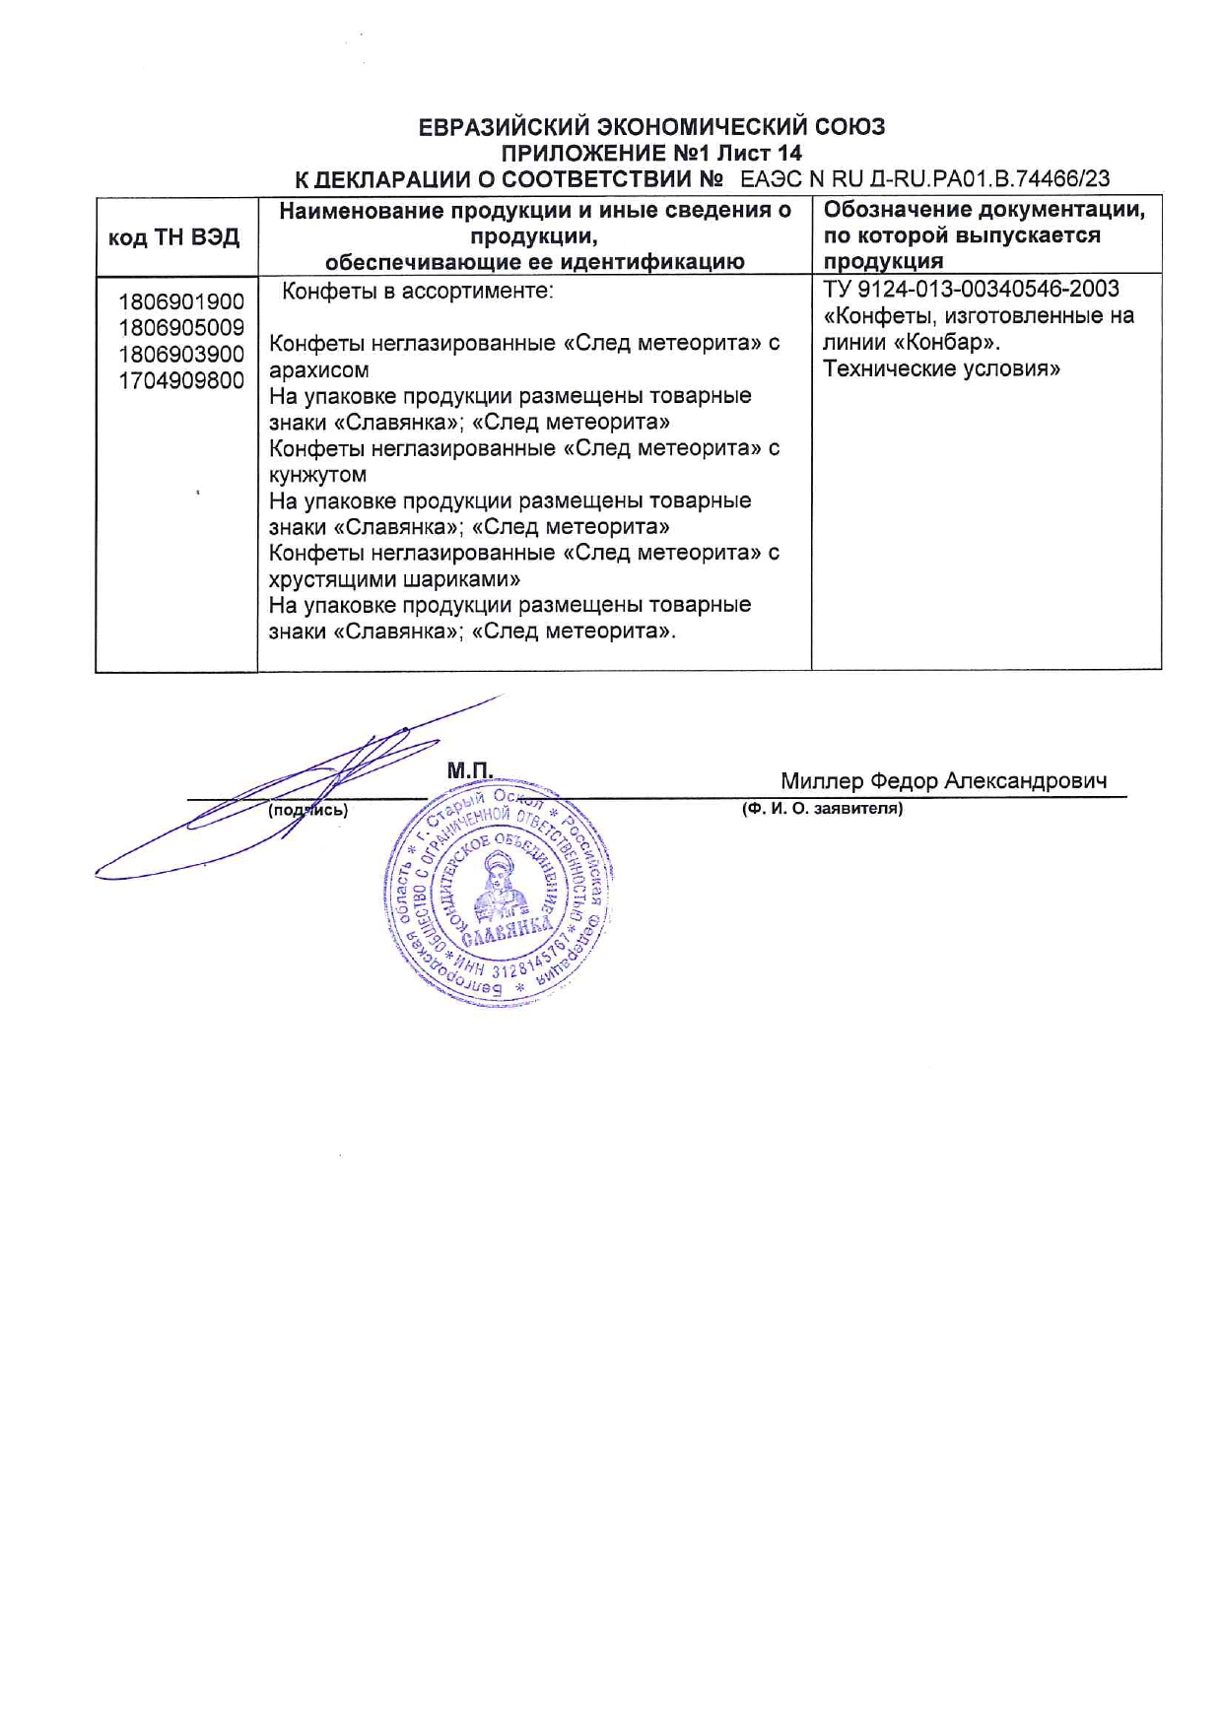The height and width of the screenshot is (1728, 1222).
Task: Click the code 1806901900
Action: (181, 301)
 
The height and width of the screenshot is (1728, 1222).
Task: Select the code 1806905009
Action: (181, 328)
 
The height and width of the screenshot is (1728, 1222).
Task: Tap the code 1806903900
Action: (181, 355)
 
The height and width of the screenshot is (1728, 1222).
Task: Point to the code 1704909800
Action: (181, 381)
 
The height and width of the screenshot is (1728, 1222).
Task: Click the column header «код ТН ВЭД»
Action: (173, 237)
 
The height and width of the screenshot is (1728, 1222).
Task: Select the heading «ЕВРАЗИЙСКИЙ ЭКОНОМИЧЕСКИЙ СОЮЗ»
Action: (651, 127)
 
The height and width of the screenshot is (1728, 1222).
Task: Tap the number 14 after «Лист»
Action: (789, 154)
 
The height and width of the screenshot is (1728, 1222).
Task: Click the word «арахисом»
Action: (318, 370)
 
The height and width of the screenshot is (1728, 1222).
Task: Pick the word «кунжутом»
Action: (317, 475)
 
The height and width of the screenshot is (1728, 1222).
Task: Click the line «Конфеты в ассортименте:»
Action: (418, 292)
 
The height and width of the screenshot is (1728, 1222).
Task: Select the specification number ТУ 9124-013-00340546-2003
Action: (971, 290)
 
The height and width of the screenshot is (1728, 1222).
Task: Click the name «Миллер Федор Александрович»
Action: (943, 781)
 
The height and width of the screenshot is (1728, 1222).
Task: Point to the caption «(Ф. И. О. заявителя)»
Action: (822, 809)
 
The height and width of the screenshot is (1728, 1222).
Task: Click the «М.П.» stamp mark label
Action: (469, 770)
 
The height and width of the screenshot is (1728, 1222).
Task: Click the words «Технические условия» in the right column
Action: (941, 369)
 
